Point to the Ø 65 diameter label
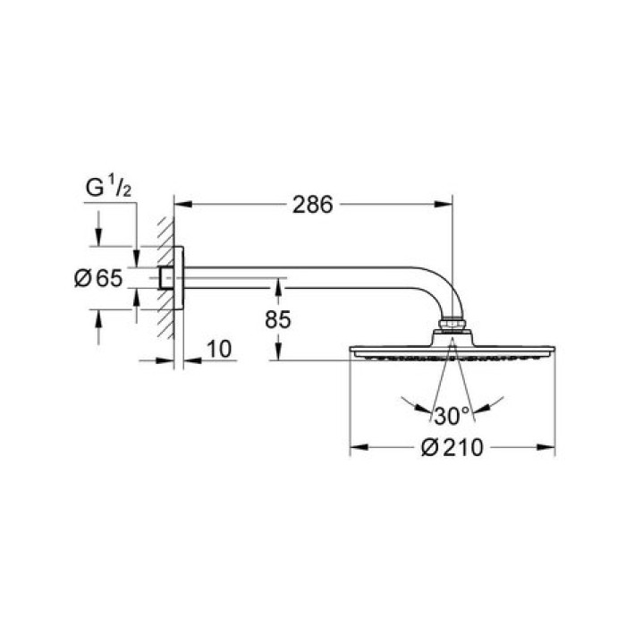coord(97,278)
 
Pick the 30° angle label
coord(453,416)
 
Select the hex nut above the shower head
coord(453,323)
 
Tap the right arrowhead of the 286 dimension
coord(448,205)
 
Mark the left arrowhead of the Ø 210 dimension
coord(353,445)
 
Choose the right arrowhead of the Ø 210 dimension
coord(551,445)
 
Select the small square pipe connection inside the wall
coord(166,277)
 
